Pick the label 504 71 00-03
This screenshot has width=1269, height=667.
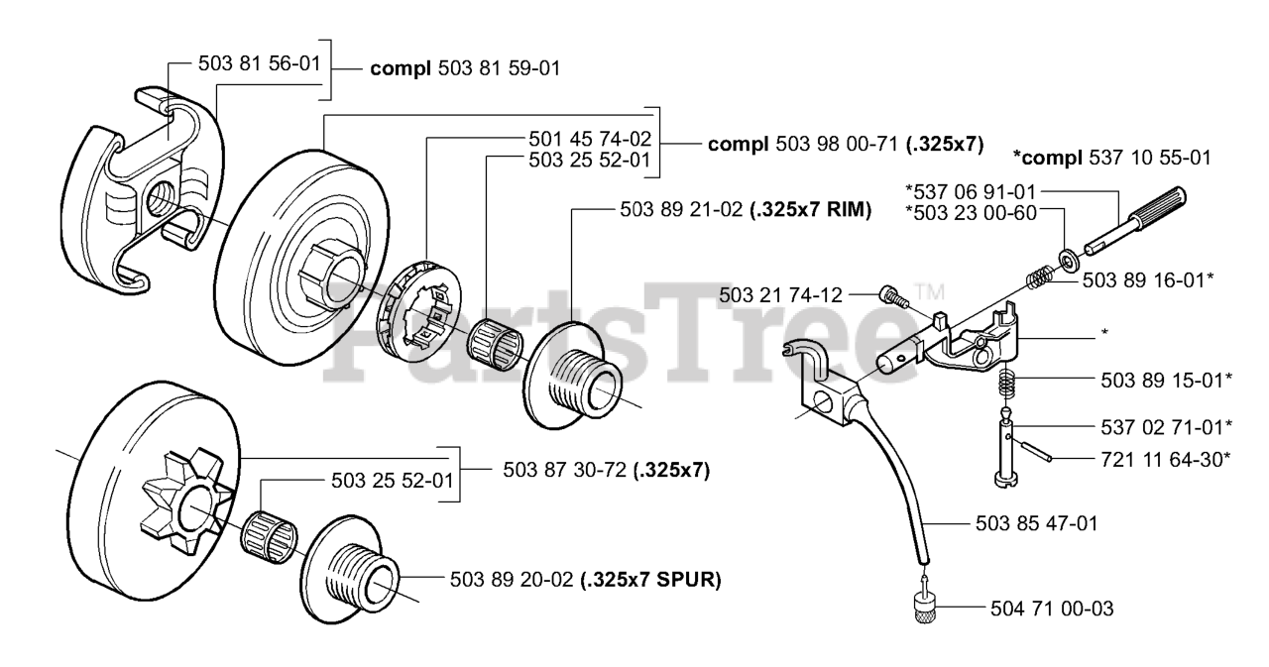pyautogui.click(x=1051, y=609)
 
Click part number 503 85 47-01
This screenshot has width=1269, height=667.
pyautogui.click(x=1035, y=522)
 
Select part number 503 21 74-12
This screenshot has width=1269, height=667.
pyautogui.click(x=781, y=294)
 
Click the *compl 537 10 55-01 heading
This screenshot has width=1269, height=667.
pyautogui.click(x=1111, y=158)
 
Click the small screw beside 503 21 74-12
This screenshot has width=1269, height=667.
pyautogui.click(x=888, y=295)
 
